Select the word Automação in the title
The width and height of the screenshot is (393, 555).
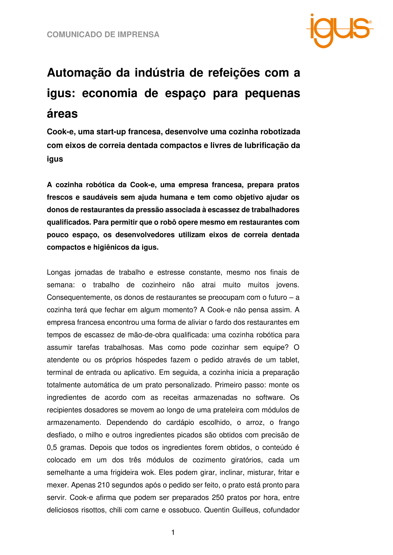[79, 73]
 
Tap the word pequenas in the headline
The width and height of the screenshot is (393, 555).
[272, 93]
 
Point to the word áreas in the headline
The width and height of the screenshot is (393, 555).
[62, 114]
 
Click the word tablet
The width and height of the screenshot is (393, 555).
[289, 360]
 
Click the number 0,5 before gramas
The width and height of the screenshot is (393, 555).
[52, 448]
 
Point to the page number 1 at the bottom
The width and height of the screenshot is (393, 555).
[173, 533]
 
